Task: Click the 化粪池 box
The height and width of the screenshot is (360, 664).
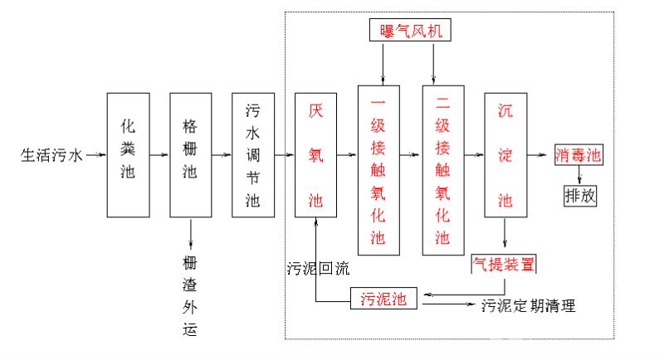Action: point(128,154)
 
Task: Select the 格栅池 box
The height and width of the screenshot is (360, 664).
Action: point(190,154)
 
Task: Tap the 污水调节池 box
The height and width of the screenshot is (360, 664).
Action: point(253,154)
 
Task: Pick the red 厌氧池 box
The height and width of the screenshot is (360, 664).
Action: point(316,154)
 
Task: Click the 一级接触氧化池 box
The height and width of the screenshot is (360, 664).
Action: point(379,169)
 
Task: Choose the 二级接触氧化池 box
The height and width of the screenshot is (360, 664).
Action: point(442,169)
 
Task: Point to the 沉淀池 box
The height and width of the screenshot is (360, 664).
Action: point(505,154)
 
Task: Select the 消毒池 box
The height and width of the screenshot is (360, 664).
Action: point(578,155)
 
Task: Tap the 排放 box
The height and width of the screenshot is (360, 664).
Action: point(579,197)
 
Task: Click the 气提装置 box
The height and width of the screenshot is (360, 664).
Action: point(504,265)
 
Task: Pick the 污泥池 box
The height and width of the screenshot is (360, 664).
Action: point(383,299)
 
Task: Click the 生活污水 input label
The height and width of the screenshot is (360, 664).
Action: point(51,155)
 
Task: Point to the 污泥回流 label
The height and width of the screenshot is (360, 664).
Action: point(319,268)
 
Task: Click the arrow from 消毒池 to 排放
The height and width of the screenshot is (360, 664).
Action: point(579,176)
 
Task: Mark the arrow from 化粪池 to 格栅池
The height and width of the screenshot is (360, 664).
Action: point(159,154)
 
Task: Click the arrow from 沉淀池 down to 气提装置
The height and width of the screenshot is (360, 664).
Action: point(505,236)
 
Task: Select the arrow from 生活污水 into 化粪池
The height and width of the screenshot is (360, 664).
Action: point(95,154)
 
